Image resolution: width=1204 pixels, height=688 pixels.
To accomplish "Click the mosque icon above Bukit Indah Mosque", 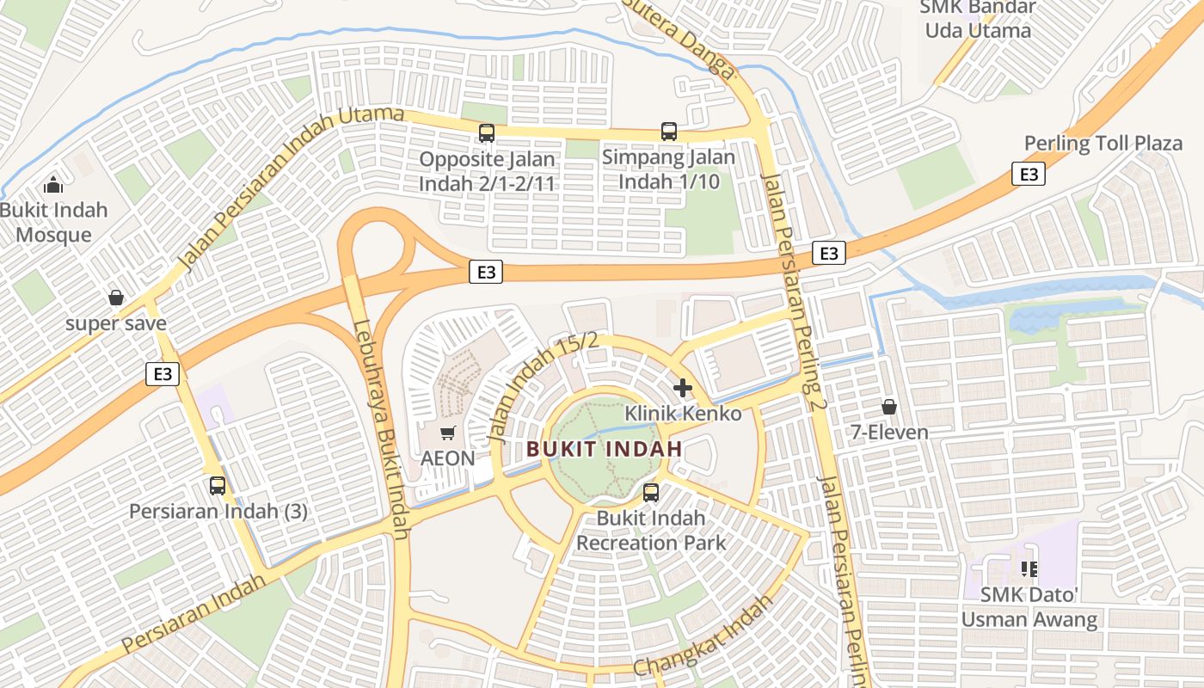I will (53, 185).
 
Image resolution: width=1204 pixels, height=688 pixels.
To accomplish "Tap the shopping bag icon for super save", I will (116, 298).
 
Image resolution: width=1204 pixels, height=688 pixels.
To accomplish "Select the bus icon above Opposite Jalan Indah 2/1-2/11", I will (487, 133).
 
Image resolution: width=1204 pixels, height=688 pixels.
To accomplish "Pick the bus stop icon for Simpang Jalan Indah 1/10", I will (669, 132).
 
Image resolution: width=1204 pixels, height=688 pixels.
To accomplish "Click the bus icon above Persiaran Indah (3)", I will (218, 486).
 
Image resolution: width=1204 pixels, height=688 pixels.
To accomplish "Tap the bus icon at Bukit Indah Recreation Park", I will (651, 493).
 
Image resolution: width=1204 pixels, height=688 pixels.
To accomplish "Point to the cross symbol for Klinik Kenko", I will (683, 388).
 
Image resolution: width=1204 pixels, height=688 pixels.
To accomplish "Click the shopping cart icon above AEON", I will (447, 433).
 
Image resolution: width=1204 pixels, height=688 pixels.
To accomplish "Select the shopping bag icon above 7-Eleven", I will (889, 406).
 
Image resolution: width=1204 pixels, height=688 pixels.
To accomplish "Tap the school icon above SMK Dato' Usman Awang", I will (1029, 568).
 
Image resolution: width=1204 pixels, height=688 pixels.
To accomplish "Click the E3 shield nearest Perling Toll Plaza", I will (1029, 175).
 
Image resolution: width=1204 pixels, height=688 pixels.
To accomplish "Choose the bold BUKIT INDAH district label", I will (605, 449).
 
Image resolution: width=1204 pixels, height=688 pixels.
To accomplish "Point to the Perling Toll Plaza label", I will (1103, 144).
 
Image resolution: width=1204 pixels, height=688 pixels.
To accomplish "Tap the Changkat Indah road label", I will (703, 636).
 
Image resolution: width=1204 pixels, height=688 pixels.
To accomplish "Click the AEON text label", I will (447, 458).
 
